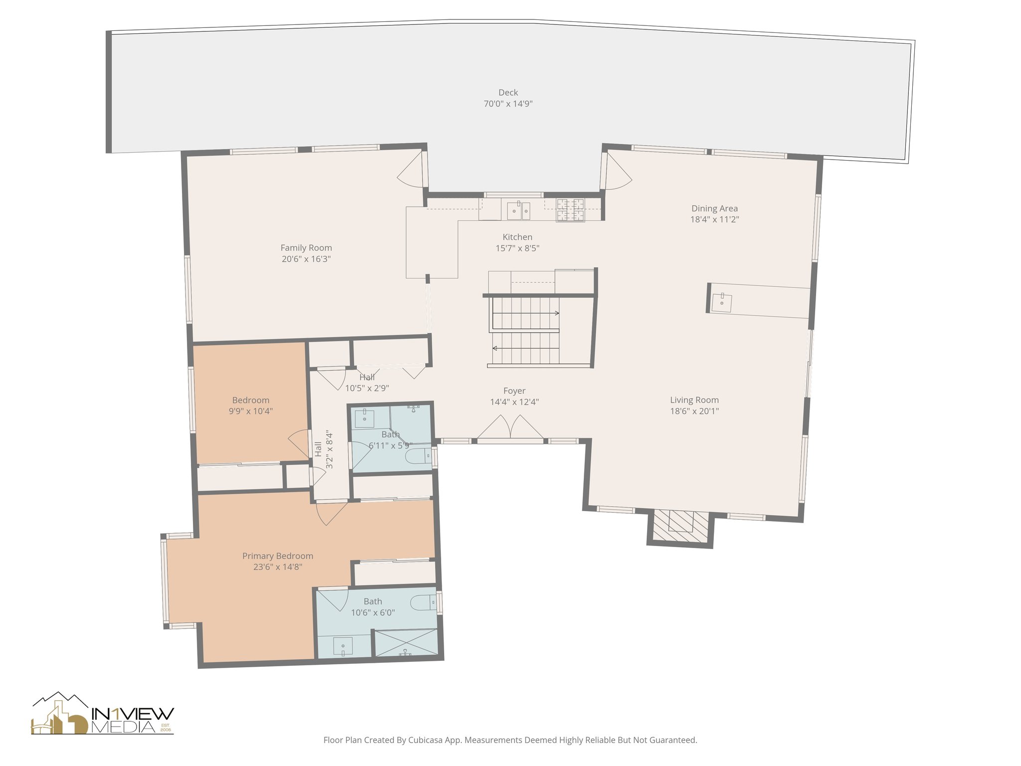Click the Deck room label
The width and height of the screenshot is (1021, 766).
point(508,92)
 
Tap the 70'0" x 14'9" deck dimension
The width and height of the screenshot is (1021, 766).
point(508,104)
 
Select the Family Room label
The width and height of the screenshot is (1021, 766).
point(306,248)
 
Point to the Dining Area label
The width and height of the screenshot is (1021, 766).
point(714,208)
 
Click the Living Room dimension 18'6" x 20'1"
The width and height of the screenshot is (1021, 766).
point(694,411)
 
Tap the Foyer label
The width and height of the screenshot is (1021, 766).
point(514,391)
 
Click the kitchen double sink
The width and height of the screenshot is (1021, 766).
point(519,210)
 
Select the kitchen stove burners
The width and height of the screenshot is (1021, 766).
point(570,210)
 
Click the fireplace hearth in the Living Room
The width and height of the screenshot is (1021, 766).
point(681,528)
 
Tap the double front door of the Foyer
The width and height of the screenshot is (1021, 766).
point(510,429)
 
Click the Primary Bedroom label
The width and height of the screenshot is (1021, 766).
point(278,556)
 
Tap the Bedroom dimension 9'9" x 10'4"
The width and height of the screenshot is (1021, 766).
point(251,411)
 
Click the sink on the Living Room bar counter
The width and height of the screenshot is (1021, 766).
point(722,302)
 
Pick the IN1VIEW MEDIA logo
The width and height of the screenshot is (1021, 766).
point(103,713)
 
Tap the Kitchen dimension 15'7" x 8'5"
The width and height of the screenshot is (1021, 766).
point(517,248)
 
